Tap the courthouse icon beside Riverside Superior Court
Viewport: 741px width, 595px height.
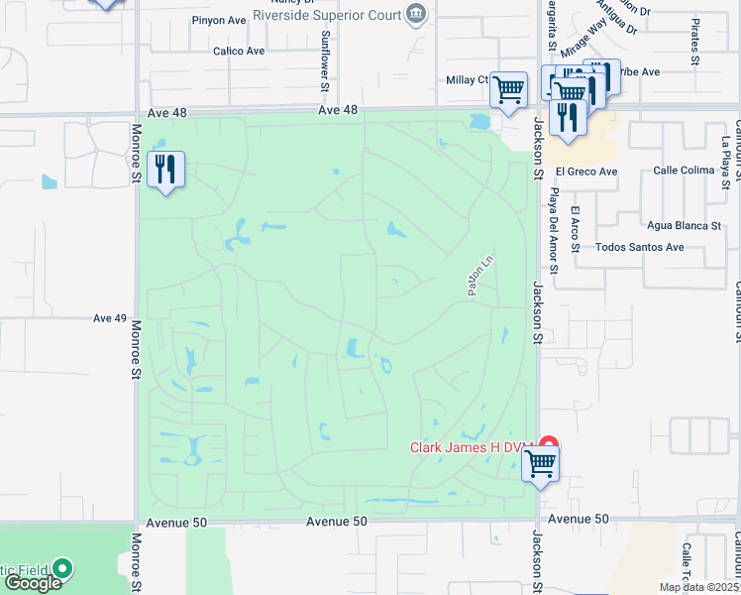pyautogui.click(x=416, y=15)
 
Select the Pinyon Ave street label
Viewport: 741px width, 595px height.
pyautogui.click(x=221, y=21)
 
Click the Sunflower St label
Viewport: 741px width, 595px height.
pyautogui.click(x=324, y=54)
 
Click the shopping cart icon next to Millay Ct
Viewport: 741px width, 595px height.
pyautogui.click(x=509, y=90)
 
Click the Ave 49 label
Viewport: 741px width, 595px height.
pyautogui.click(x=110, y=318)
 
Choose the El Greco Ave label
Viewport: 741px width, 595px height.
pyautogui.click(x=586, y=172)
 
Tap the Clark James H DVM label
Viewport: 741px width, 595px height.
pyautogui.click(x=472, y=447)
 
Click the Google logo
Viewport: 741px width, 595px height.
pyautogui.click(x=33, y=583)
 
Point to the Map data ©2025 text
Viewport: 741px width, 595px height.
pyautogui.click(x=699, y=587)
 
